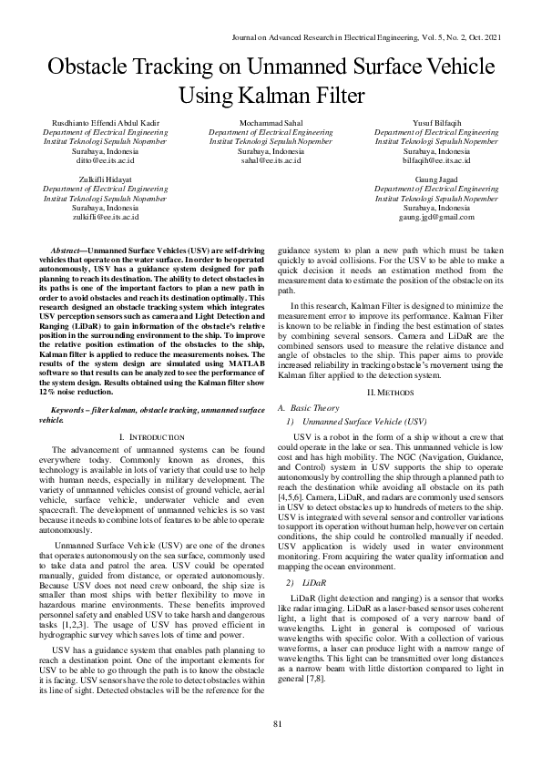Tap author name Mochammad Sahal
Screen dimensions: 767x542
click(271, 122)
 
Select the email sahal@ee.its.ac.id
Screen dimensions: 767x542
click(271, 159)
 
